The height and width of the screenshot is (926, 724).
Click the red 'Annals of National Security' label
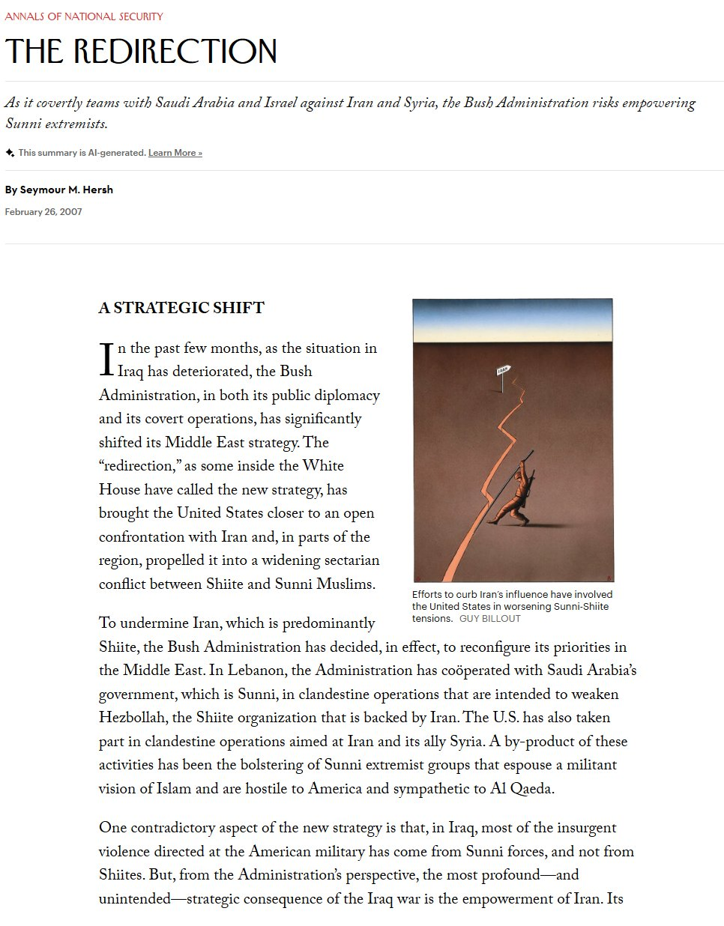pyautogui.click(x=84, y=16)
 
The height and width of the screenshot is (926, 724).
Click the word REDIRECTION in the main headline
pyautogui.click(x=175, y=52)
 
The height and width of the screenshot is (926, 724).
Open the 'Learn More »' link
pyautogui.click(x=175, y=153)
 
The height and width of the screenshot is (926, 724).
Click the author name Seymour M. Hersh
pyautogui.click(x=67, y=190)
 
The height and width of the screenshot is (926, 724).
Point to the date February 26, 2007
pyautogui.click(x=43, y=212)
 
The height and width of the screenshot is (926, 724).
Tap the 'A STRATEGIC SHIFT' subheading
pyautogui.click(x=181, y=308)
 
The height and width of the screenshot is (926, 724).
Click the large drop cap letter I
pyautogui.click(x=106, y=360)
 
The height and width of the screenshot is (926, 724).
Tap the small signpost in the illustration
pyautogui.click(x=504, y=372)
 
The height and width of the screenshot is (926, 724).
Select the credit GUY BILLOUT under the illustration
pyautogui.click(x=489, y=619)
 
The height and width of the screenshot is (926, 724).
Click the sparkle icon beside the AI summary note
pyautogui.click(x=10, y=153)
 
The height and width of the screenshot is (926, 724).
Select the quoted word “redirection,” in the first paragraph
pyautogui.click(x=140, y=466)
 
